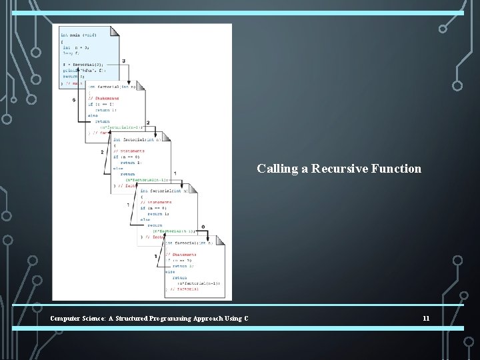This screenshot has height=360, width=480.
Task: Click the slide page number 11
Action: (426, 318)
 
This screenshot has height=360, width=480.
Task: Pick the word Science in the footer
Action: (100, 318)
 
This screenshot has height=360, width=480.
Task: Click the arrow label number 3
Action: (124, 61)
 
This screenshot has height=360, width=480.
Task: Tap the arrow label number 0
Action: (203, 227)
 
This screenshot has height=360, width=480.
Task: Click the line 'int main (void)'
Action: (79, 35)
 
